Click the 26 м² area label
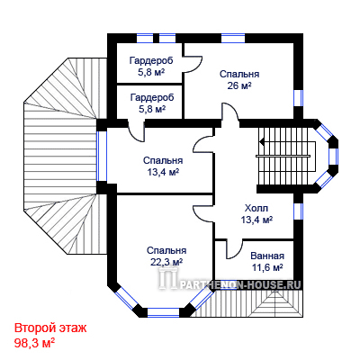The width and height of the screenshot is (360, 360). pos(239,86)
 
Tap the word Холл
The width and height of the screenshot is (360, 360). pos(256,208)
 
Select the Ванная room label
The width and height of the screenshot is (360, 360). pos(267,256)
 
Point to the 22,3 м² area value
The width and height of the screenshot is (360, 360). pos(166,263)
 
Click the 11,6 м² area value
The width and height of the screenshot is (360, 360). pos(267,267)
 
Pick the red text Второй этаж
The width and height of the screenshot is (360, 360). pos(50,328)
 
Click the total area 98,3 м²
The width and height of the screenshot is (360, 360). pos(35,343)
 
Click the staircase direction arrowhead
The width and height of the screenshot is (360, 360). pos(262,140)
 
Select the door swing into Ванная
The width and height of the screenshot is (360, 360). pos(235,249)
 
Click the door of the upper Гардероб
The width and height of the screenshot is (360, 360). pos(193,64)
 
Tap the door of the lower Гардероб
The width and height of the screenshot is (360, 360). pos(137,132)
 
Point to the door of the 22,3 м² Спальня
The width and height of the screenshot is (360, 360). pos(202,213)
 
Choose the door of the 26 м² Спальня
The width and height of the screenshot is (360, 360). pos(230,112)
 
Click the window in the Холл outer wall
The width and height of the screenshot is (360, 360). pos(298,211)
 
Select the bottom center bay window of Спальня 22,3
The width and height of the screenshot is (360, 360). pos(163,312)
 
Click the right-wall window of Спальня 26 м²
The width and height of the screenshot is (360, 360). pos(298,98)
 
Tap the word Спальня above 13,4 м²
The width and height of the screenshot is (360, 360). pos(163,160)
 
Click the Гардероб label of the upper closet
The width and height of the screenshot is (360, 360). pos(151,61)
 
